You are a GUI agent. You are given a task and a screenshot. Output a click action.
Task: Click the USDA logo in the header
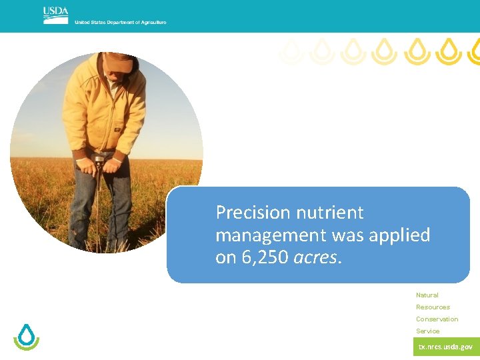point(55,15)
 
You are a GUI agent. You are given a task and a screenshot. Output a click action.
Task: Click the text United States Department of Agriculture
point(121,23)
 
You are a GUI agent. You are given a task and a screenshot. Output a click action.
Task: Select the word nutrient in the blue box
point(333,213)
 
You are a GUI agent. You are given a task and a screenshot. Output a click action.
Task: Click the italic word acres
point(316,258)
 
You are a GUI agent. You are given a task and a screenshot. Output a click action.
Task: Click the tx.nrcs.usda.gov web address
point(445,347)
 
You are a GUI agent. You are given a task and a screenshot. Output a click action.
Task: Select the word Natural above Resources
point(427,295)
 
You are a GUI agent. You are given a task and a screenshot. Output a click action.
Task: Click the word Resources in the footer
point(433,307)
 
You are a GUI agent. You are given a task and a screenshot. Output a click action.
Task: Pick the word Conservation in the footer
point(437,319)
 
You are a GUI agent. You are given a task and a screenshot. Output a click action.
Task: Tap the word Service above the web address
point(427,331)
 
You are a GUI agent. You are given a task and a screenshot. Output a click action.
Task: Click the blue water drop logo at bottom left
point(27,337)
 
